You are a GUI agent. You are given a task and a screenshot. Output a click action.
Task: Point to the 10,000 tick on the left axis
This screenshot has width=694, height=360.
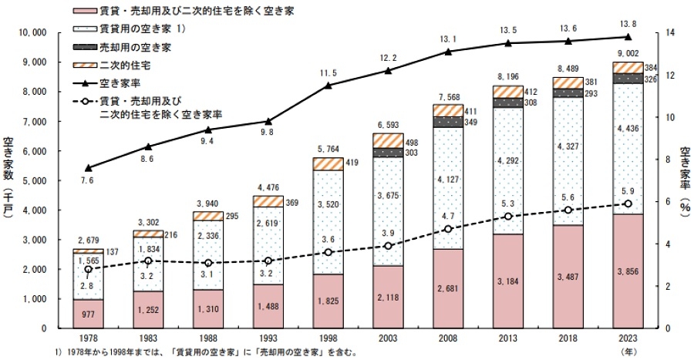32,33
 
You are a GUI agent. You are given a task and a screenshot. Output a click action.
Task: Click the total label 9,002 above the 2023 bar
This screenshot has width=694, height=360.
627,53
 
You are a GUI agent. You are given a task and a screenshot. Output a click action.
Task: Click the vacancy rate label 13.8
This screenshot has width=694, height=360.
627,25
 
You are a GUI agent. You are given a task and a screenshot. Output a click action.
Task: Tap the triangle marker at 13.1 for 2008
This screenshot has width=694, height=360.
447,52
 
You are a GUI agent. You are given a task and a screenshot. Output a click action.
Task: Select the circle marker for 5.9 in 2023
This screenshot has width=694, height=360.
627,204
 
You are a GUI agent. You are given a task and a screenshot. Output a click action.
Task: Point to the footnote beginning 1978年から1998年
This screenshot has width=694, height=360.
185,352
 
